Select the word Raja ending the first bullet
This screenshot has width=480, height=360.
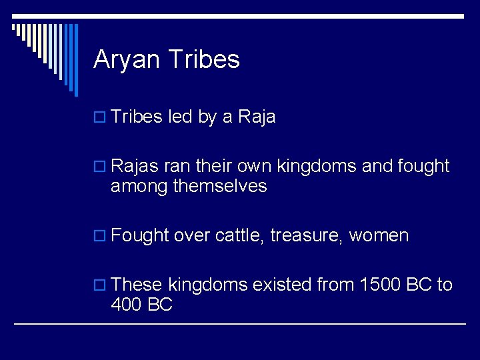(257, 117)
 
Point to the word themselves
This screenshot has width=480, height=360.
(220, 187)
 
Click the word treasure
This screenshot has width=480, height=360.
(306, 235)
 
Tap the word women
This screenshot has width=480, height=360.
(379, 235)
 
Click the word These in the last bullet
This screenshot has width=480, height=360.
(137, 285)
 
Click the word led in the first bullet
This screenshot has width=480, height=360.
(180, 117)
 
